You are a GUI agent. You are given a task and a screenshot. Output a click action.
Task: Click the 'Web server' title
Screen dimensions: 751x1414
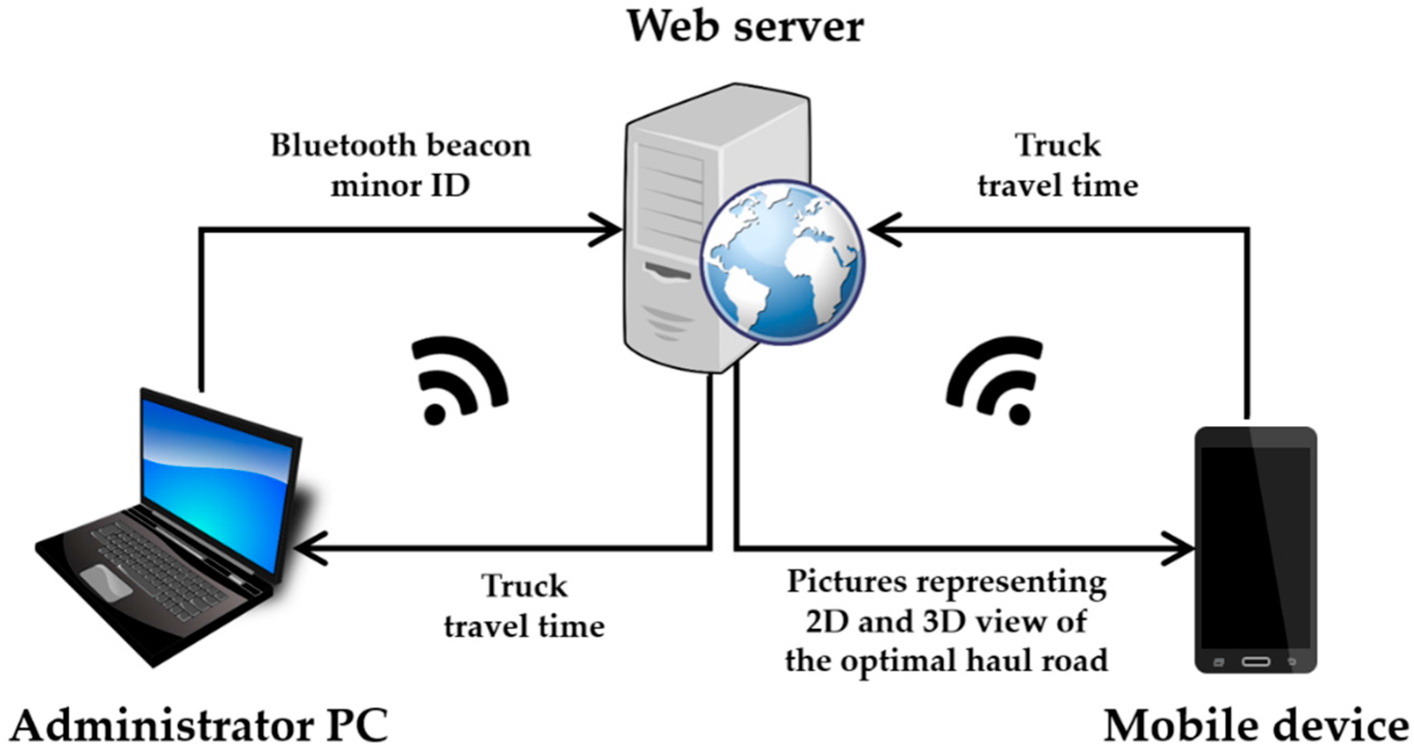745,26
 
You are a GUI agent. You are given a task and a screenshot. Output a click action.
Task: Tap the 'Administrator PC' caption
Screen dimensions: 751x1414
199,726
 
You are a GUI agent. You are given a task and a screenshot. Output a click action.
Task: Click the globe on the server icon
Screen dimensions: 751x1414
782,262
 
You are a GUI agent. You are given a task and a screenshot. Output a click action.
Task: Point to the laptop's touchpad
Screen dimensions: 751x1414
105,582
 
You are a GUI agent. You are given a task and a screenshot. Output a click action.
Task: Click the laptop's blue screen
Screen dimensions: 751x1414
217,483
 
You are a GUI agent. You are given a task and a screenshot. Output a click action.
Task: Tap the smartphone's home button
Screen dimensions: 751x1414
1256,661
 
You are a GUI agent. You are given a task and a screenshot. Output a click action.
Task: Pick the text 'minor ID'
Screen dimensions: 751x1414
400,186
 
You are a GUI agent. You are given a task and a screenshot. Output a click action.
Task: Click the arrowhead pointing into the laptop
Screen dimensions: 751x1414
307,548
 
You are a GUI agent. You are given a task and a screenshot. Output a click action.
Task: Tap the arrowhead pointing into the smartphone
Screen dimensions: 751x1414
1180,548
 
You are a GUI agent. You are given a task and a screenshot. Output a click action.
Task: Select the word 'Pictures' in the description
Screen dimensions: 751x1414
846,582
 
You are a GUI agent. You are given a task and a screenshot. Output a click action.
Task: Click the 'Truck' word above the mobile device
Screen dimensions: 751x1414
1057,146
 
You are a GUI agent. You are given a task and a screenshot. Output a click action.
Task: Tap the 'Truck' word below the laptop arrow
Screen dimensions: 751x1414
524,586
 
